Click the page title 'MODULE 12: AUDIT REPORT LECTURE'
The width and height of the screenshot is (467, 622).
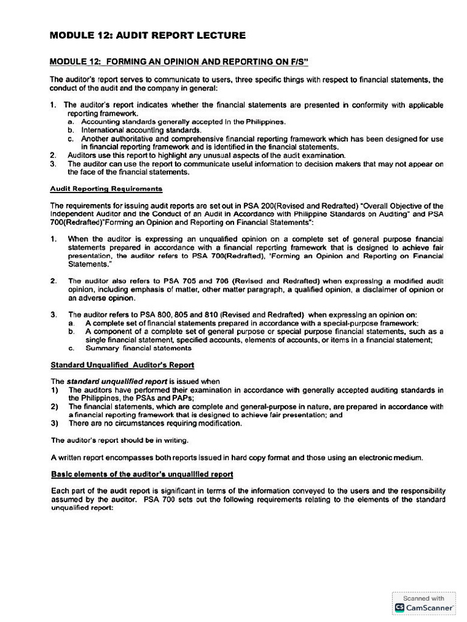[147, 36]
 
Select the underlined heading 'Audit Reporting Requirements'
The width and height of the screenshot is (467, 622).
[106, 189]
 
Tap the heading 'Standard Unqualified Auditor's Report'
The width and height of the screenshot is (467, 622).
[122, 365]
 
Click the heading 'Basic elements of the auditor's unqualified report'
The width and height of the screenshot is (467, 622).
[142, 474]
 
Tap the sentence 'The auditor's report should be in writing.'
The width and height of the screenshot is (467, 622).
[119, 440]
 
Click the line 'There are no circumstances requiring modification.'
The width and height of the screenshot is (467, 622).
[155, 423]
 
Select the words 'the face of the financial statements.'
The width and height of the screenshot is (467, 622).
[128, 172]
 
